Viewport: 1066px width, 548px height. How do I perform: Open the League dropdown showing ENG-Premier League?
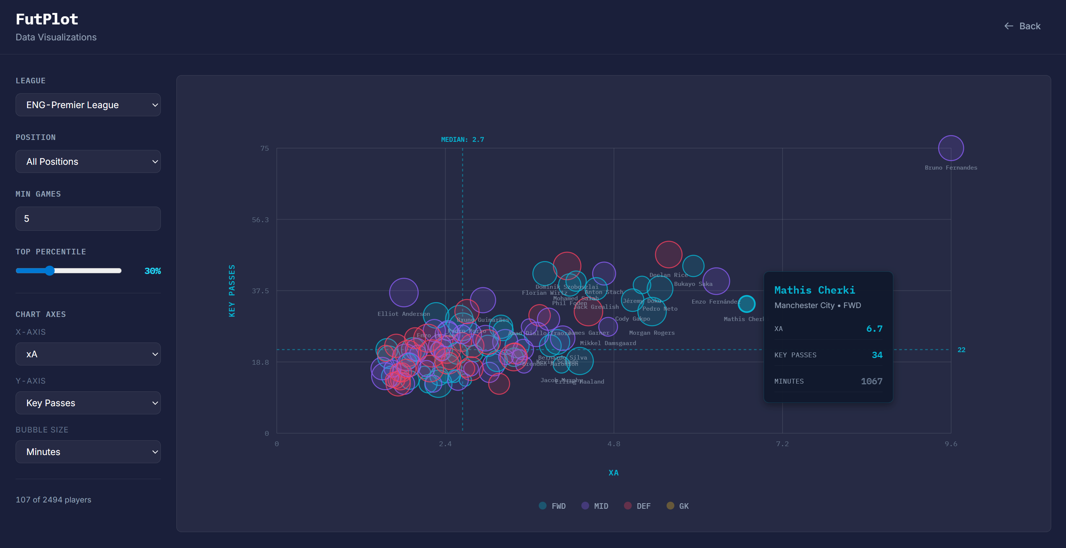pyautogui.click(x=88, y=105)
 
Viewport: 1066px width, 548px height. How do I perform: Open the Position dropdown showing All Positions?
pyautogui.click(x=88, y=162)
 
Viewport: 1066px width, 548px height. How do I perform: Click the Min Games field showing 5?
pyautogui.click(x=88, y=219)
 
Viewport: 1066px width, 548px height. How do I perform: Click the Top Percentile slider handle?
pyautogui.click(x=50, y=271)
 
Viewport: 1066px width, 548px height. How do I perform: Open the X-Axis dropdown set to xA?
pyautogui.click(x=88, y=354)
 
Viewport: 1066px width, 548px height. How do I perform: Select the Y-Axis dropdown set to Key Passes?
pyautogui.click(x=88, y=403)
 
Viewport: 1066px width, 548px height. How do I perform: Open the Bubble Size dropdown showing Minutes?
pyautogui.click(x=88, y=452)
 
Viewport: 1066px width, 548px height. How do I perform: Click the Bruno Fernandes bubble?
pyautogui.click(x=950, y=148)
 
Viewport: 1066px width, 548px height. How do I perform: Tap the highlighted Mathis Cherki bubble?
pyautogui.click(x=747, y=304)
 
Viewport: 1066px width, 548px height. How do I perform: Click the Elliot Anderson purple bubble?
pyautogui.click(x=404, y=293)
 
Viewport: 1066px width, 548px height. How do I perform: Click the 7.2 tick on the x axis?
pyautogui.click(x=782, y=444)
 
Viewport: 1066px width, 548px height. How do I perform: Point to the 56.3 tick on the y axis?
pyautogui.click(x=260, y=220)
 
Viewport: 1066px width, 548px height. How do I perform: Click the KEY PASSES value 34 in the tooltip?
pyautogui.click(x=877, y=355)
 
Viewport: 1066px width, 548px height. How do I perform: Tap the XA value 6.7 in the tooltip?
pyautogui.click(x=874, y=329)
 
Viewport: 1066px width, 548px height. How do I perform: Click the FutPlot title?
pyautogui.click(x=47, y=19)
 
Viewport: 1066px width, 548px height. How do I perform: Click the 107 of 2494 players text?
pyautogui.click(x=53, y=499)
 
